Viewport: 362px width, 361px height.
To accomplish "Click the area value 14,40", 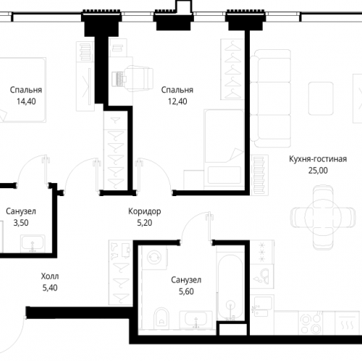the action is pyautogui.click(x=26, y=101).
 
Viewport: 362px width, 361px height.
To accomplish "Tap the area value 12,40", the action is pyautogui.click(x=177, y=101).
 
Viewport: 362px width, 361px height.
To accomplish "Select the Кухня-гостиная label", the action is pyautogui.click(x=318, y=159).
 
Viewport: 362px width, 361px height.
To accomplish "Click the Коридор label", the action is pyautogui.click(x=145, y=211).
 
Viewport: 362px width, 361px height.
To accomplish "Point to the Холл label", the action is pyautogui.click(x=50, y=276).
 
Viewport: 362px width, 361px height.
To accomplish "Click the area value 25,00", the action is pyautogui.click(x=318, y=171).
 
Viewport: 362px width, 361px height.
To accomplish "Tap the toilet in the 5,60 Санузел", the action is pyautogui.click(x=161, y=318).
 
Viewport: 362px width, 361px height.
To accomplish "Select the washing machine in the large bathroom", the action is pyautogui.click(x=154, y=258).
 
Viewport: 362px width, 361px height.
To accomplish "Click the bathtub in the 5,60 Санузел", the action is pyautogui.click(x=230, y=287).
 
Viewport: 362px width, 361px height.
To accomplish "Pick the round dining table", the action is pyautogui.click(x=323, y=218).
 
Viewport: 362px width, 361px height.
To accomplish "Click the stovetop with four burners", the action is pyautogui.click(x=311, y=323).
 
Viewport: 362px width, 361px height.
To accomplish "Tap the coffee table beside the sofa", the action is pyautogui.click(x=321, y=98).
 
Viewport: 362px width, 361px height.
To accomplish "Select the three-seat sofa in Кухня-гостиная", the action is pyautogui.click(x=271, y=98).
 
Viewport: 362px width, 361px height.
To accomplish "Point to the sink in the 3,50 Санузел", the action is pyautogui.click(x=33, y=244).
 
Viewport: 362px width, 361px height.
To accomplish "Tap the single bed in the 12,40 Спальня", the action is pyautogui.click(x=224, y=149).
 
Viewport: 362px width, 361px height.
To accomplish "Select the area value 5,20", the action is pyautogui.click(x=145, y=223).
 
